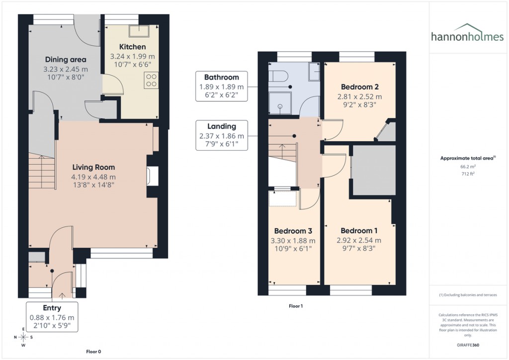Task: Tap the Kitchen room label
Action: (x=132, y=47)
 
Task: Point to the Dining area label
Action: (x=66, y=60)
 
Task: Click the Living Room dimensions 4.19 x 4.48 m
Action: (x=94, y=177)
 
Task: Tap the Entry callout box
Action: (x=52, y=317)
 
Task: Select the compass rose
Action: (x=23, y=338)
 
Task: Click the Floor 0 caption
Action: (x=93, y=352)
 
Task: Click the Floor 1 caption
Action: (x=296, y=306)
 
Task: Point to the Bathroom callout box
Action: (x=222, y=87)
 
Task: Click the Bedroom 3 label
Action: (x=293, y=231)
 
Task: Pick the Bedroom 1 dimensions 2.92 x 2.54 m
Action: (x=359, y=240)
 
